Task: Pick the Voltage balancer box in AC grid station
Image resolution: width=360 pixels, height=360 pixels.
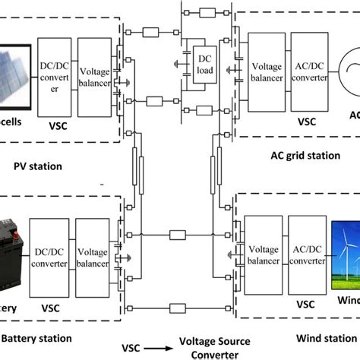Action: [265, 66]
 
